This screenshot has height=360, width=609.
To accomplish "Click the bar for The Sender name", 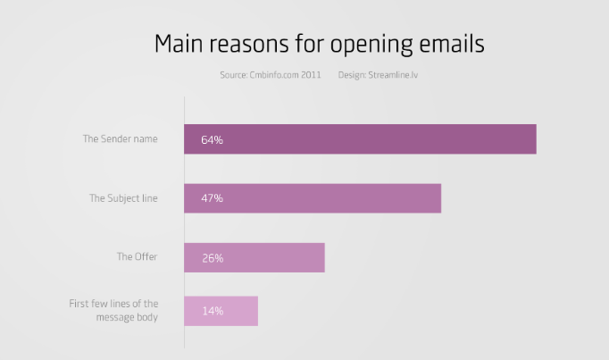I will coord(360,139).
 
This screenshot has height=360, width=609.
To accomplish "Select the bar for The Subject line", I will coord(313,198).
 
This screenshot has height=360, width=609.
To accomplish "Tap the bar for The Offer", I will coord(254,257).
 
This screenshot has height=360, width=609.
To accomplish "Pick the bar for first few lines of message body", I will coord(221,311).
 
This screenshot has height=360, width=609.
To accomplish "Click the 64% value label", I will coord(212,140).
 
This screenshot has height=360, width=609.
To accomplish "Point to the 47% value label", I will coord(212,198).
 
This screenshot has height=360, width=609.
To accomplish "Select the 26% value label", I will coord(212,258).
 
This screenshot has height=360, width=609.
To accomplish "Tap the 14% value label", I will coord(212,311).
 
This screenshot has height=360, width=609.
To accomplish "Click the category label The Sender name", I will coord(120,139).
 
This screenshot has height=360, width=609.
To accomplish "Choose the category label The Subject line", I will coord(122,198).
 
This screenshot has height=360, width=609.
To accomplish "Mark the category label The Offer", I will coord(137,257).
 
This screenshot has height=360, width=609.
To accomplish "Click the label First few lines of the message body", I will coord(113,310).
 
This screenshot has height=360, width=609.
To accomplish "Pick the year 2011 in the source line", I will coord(311,75).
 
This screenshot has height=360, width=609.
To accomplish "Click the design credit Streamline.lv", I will coord(393,75).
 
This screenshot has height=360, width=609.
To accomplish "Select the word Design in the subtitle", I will coord(351,75).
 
